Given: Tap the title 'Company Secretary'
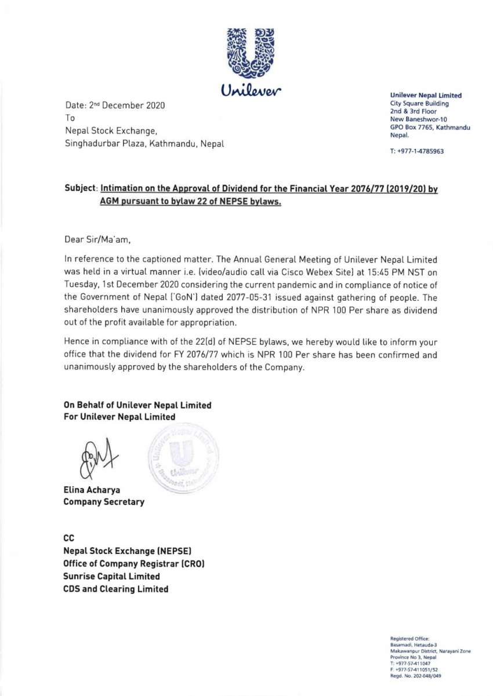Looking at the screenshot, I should pos(104,502).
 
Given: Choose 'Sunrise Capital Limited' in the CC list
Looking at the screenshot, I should pos(111,576).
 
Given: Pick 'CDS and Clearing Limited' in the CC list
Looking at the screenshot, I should pos(116,589).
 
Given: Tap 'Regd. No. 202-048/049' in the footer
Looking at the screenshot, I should pos(413,676).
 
